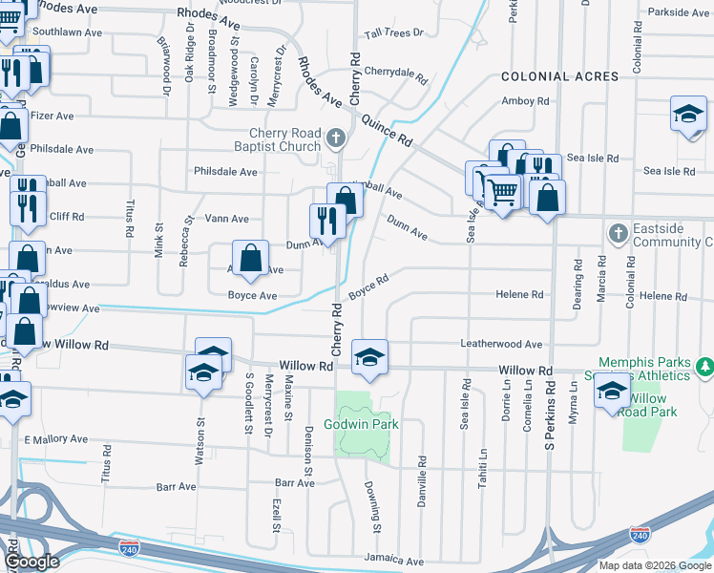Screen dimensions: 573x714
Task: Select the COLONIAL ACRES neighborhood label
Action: [x=558, y=76]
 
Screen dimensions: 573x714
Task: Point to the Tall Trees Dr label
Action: [x=394, y=32]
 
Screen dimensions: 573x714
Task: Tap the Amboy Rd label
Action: [x=525, y=100]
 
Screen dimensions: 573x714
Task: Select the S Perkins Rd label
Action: [x=550, y=419]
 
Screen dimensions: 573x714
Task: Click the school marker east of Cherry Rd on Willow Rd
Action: [x=369, y=357]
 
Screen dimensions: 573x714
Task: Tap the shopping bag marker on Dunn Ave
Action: [x=250, y=258]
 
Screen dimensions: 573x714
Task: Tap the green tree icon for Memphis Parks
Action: [x=704, y=367]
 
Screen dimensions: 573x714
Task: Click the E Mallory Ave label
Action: [x=55, y=439]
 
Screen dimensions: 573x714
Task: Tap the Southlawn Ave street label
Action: [x=67, y=32]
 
